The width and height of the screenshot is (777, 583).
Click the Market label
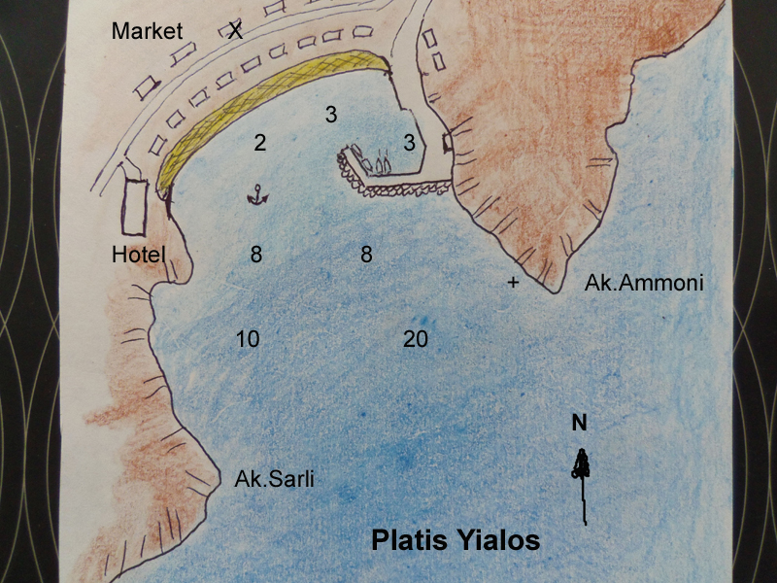point(147,30)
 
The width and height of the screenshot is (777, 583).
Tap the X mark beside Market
point(235,30)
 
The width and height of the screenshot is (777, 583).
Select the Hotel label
point(140,255)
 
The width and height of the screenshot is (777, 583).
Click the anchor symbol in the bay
point(257,194)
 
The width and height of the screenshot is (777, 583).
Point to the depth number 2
point(259,143)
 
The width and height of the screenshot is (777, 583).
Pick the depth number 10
point(248,339)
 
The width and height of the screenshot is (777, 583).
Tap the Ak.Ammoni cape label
point(643,284)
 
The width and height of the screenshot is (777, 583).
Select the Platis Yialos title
point(456,540)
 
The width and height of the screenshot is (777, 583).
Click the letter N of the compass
point(579,423)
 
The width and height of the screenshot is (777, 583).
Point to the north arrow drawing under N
point(583,481)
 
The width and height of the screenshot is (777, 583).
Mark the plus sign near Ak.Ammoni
point(513,283)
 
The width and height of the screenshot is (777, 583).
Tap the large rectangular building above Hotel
point(134,203)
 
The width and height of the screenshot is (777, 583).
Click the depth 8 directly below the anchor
point(256,255)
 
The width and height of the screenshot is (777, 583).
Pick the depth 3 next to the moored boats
point(410,143)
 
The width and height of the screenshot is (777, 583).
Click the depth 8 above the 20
point(366,255)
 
